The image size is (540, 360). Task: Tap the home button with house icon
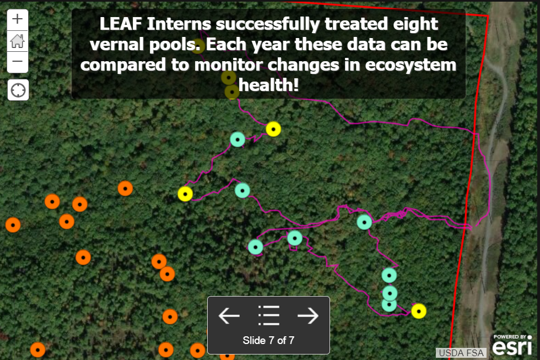point(18,41)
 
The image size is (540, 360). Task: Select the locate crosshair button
point(18,90)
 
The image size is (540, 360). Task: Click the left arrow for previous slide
point(229,315)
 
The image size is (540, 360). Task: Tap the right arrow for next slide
point(308,315)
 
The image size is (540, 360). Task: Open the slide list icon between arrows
point(269,315)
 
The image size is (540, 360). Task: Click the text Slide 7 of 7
point(269,340)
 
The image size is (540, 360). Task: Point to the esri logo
point(512,346)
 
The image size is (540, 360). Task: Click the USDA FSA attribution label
point(461,353)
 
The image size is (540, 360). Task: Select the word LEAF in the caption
point(121,24)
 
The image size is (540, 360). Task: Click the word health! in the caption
point(269,85)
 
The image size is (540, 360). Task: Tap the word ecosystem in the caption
point(411,65)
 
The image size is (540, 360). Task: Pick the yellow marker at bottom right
point(419,311)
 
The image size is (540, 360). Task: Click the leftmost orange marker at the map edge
point(13,225)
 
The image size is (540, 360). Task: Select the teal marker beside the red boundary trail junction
point(364,222)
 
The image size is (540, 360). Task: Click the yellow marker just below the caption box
point(273,129)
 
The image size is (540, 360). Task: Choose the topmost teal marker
point(237,139)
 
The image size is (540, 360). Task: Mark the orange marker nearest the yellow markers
point(126,189)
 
